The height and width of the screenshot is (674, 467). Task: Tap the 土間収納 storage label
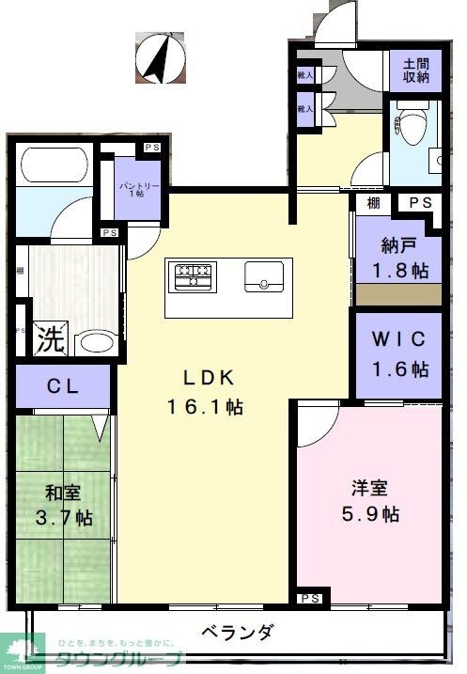[415, 71]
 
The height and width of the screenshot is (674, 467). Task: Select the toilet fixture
[410, 122]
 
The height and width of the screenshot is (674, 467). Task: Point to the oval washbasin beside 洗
[93, 341]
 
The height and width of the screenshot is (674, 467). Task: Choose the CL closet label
[63, 385]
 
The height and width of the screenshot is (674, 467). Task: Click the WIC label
[397, 337]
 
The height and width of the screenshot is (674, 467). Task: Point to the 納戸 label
[397, 246]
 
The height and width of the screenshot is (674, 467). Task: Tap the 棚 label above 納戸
[374, 202]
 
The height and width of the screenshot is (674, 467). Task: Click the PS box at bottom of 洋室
[311, 599]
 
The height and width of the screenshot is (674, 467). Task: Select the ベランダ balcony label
[238, 633]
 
